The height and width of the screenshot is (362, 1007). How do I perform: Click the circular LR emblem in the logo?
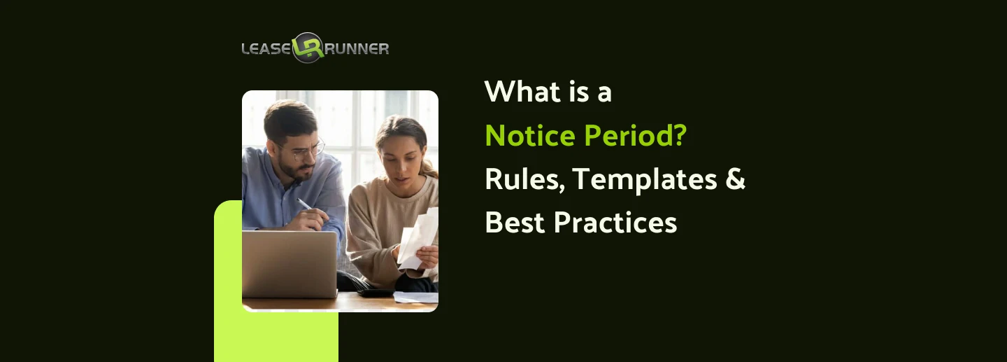pos(308,48)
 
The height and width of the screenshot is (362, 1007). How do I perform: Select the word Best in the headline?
pos(514,223)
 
